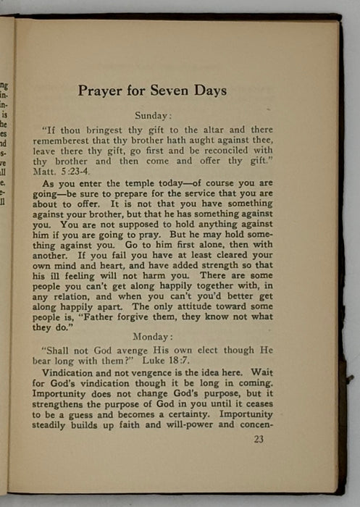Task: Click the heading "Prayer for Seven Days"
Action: (x=152, y=91)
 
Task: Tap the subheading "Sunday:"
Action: (x=152, y=114)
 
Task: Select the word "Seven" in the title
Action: (x=157, y=91)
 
